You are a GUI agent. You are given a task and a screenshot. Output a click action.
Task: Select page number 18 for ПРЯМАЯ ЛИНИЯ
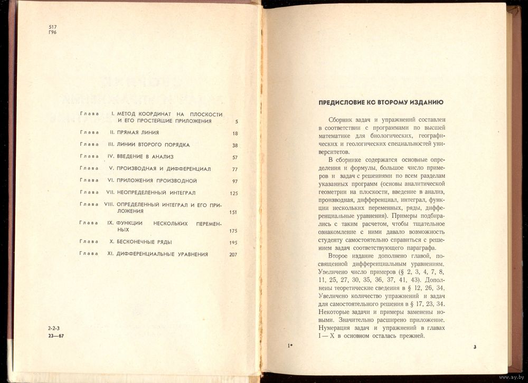click(x=234, y=133)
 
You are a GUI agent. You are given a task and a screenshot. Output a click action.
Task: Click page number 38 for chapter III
click(x=234, y=146)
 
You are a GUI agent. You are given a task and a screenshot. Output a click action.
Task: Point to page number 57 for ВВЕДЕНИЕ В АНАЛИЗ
click(x=234, y=158)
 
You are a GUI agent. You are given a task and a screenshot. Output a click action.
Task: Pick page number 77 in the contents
click(x=234, y=170)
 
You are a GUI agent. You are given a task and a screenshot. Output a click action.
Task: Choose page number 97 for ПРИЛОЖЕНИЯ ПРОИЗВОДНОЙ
click(x=234, y=181)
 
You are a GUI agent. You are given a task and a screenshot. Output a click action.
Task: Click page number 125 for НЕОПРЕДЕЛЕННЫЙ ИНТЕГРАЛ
click(x=233, y=194)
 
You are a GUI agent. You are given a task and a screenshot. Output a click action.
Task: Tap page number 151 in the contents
click(x=233, y=213)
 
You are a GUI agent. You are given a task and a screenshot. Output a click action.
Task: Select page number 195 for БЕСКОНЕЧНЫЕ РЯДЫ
click(x=233, y=243)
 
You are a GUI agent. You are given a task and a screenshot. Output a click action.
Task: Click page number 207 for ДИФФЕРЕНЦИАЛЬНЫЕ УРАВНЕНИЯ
click(x=233, y=255)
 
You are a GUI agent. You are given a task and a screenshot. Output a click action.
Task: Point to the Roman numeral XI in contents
click(x=111, y=254)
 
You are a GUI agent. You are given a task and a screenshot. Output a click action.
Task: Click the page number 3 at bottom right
click(x=475, y=347)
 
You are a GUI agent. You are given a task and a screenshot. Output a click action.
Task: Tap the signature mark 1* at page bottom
click(x=289, y=346)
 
